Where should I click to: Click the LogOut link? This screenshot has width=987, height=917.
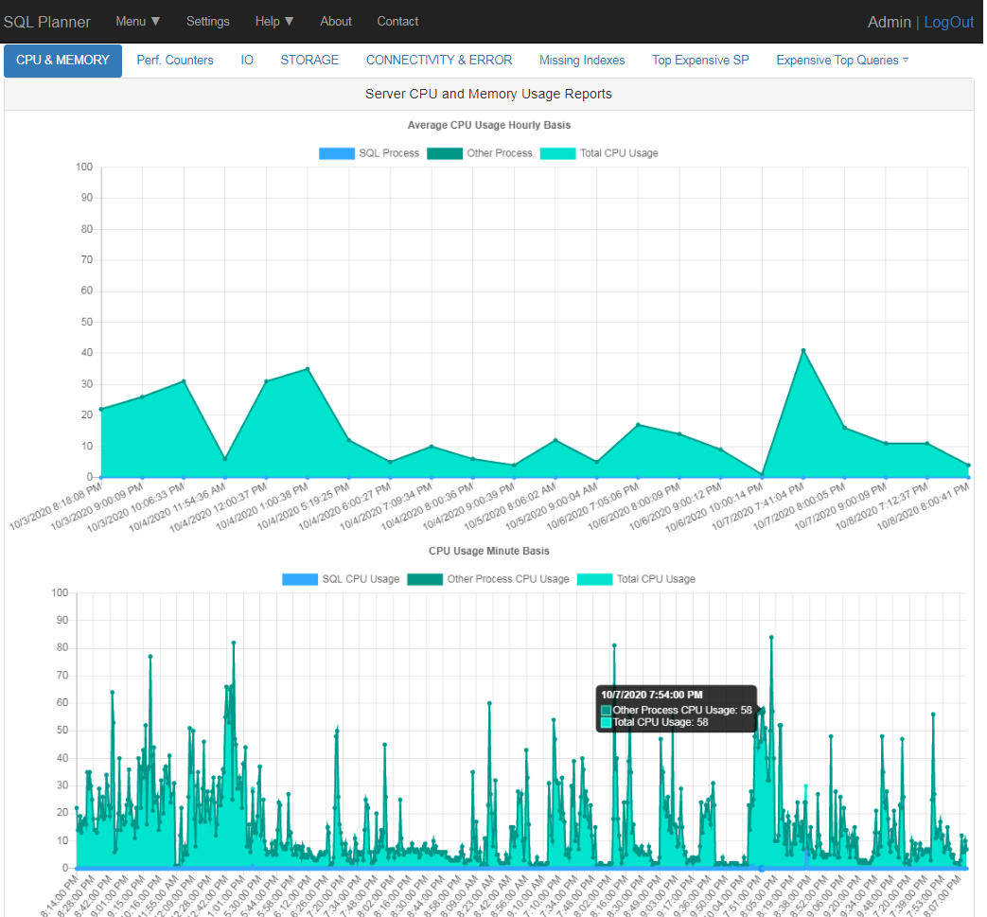pos(948,22)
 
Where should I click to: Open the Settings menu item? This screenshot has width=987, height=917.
pos(207,21)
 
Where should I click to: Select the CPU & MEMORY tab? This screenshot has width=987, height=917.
pos(62,60)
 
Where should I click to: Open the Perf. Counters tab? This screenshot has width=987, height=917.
pos(175,60)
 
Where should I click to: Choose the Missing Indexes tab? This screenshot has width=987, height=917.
pos(582,60)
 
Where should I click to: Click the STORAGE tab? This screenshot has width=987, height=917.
pos(309,60)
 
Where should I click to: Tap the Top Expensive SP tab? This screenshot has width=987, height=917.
pos(700,60)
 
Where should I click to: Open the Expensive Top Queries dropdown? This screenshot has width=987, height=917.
pos(841,60)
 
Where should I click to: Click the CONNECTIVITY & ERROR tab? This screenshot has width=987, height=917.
pos(439,60)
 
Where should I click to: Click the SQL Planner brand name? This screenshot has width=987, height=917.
pos(47,22)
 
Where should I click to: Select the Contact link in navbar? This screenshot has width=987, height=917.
pos(397,21)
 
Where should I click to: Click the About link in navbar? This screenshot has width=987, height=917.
pos(336,21)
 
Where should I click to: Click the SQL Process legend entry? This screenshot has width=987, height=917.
pos(369,153)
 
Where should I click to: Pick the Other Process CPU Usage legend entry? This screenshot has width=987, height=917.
pos(488,579)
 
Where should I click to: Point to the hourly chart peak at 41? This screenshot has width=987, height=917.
pos(803,350)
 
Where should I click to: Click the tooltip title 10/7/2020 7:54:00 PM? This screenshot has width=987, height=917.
pos(651,695)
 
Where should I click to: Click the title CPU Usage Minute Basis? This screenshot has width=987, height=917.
pos(488,551)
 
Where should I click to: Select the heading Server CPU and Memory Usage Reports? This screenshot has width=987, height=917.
pos(488,94)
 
